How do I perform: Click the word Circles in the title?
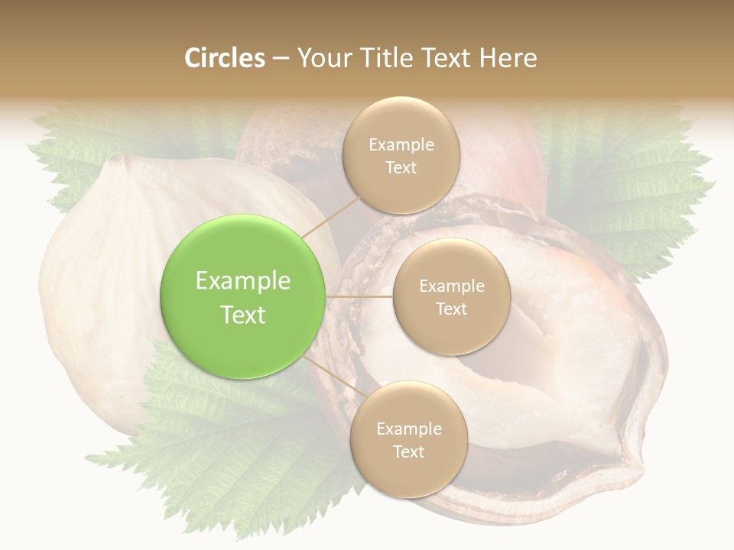[x=224, y=58]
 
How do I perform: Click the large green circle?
[x=242, y=296]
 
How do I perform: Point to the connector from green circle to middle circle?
[x=359, y=296]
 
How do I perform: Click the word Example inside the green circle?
[x=242, y=281]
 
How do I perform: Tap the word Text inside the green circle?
[x=242, y=315]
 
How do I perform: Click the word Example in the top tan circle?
[x=401, y=144]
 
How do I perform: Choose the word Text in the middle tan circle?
[x=451, y=309]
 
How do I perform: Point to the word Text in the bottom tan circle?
[x=408, y=451]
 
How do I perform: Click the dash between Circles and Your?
[x=281, y=58]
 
